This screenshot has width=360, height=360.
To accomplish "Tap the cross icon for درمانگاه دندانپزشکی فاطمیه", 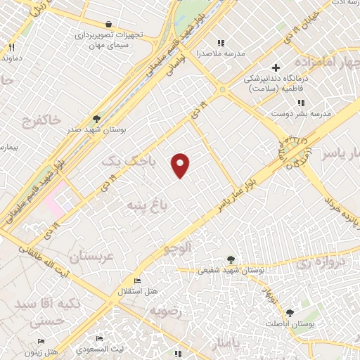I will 276,68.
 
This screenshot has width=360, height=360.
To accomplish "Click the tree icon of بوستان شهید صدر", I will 96,118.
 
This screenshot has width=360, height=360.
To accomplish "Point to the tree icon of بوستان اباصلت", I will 290,311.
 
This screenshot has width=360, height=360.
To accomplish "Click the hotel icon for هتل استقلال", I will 136,280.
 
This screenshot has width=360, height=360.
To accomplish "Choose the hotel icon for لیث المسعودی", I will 99,340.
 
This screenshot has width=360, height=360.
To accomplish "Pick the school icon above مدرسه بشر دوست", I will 301,103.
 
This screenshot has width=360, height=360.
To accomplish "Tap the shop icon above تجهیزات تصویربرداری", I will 107,23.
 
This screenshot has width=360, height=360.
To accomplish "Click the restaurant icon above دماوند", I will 11,46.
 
